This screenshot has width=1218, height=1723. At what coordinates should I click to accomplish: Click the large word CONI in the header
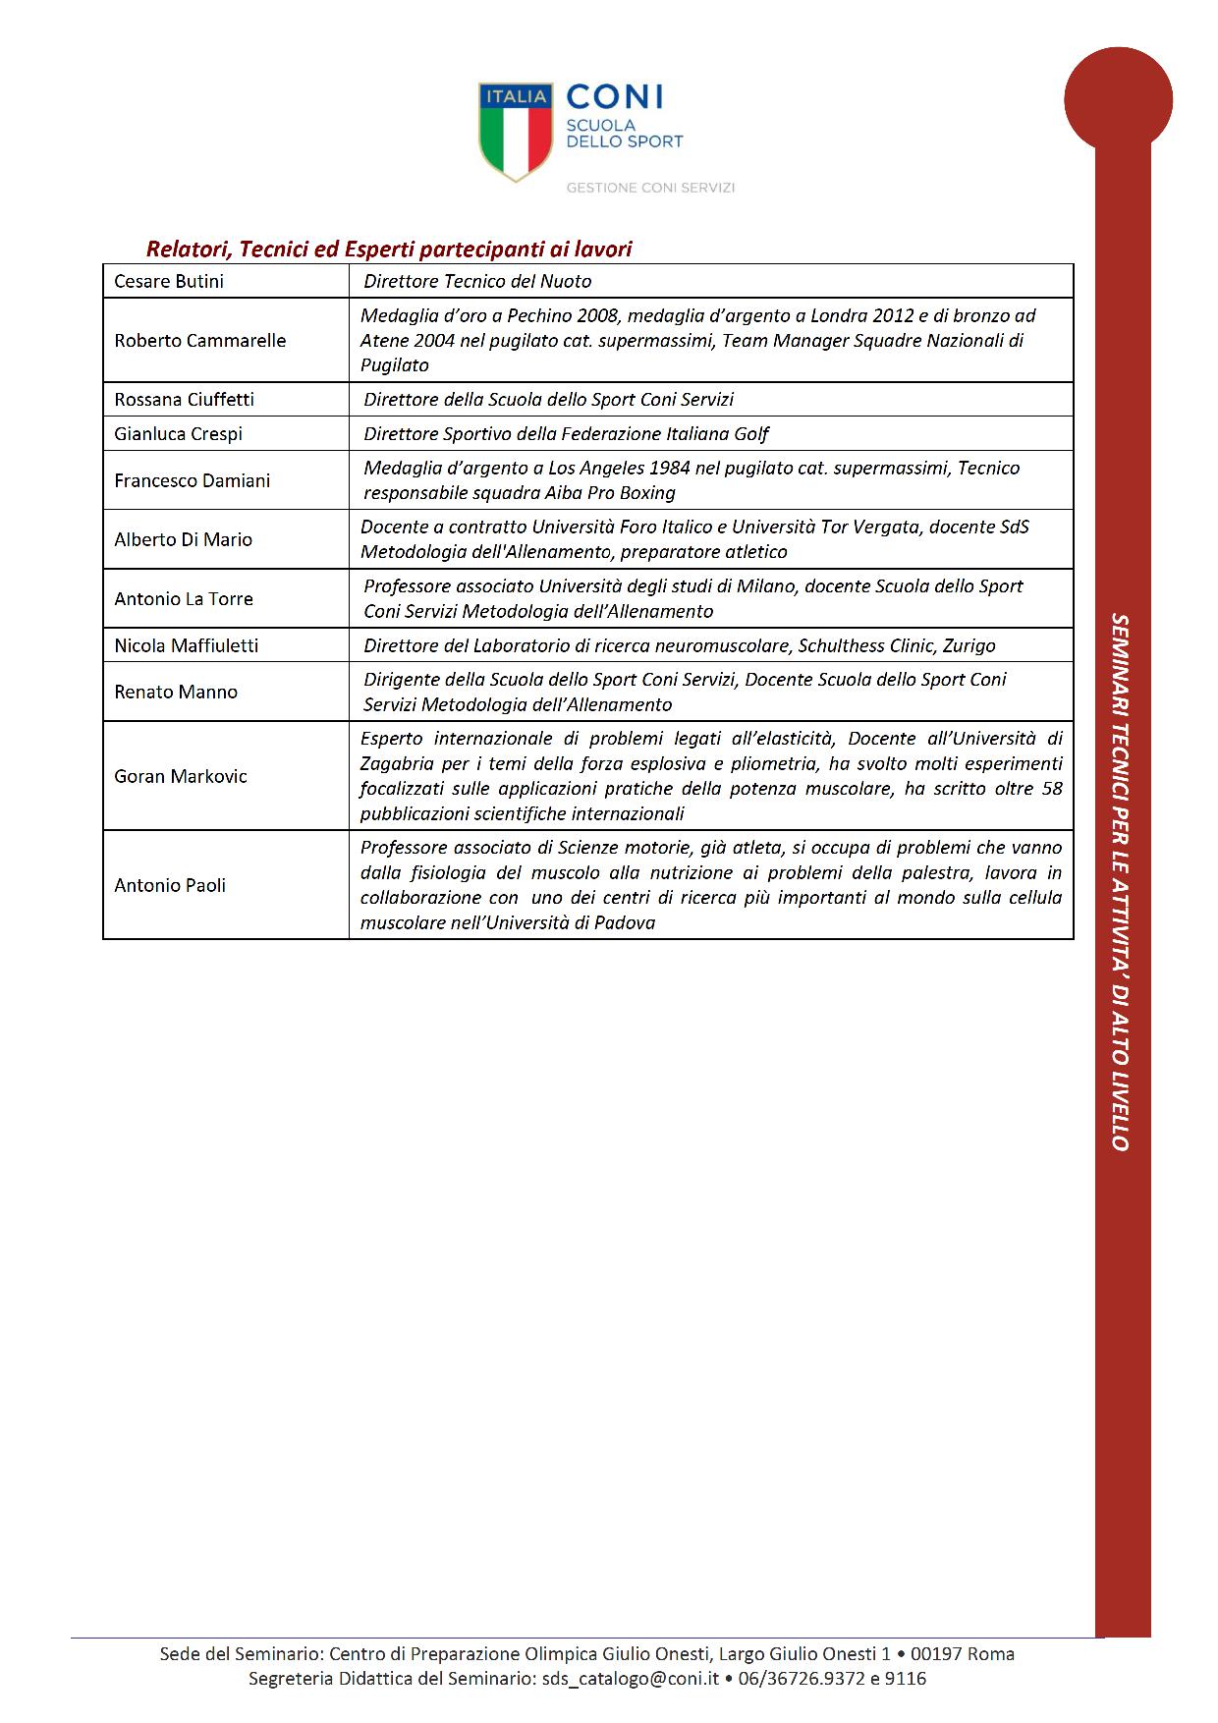[x=615, y=96]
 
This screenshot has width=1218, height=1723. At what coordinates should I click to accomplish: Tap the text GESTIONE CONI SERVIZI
[x=650, y=188]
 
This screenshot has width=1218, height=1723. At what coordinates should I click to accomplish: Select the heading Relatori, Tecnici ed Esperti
[x=389, y=250]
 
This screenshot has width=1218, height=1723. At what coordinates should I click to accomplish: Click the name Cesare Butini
[x=169, y=282]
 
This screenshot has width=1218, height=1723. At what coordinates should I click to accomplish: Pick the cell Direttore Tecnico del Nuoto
[x=477, y=282]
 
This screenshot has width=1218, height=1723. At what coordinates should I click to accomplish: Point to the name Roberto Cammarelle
[x=200, y=341]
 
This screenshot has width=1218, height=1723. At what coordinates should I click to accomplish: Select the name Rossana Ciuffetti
[x=184, y=400]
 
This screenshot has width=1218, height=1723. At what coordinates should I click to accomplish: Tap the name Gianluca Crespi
[x=178, y=434]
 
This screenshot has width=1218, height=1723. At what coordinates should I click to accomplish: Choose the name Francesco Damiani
[x=192, y=481]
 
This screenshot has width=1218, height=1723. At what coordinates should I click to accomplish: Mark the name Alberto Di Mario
[x=183, y=540]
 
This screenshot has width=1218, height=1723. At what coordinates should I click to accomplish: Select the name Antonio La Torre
[x=184, y=599]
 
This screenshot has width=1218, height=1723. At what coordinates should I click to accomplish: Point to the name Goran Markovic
[x=181, y=777]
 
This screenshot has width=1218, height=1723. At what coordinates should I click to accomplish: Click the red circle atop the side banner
[x=1118, y=99]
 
